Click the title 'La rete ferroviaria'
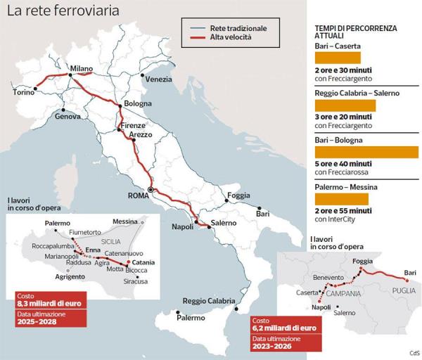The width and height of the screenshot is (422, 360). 63,11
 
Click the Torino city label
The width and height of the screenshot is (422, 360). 25,92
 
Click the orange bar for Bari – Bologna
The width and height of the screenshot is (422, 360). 366,152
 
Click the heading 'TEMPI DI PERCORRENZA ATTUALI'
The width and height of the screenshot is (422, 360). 355,32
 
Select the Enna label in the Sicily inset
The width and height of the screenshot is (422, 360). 93,250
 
